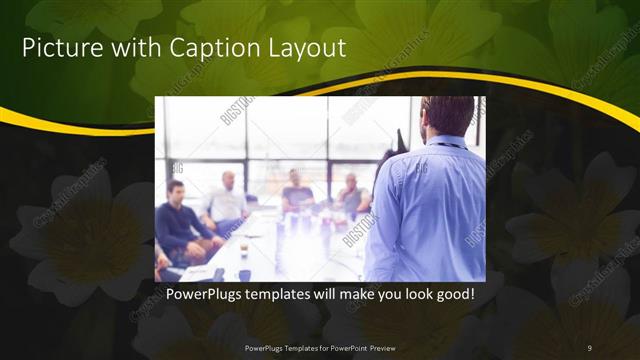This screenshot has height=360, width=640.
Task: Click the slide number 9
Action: pos(589,347)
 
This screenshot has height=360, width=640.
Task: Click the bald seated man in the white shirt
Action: pos(226,200)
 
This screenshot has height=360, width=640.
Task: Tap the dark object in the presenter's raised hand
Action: pos(401,139)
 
